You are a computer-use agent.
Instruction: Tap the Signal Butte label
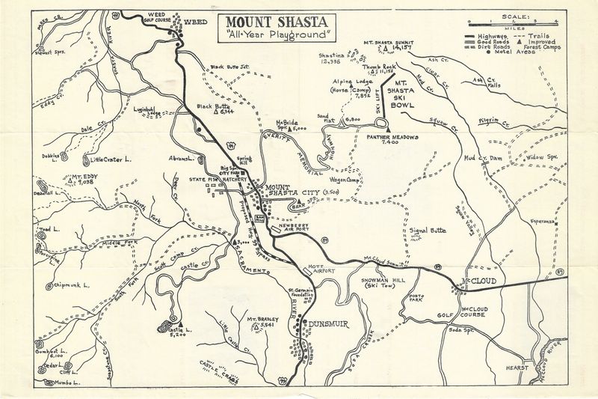coord(426,231)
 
